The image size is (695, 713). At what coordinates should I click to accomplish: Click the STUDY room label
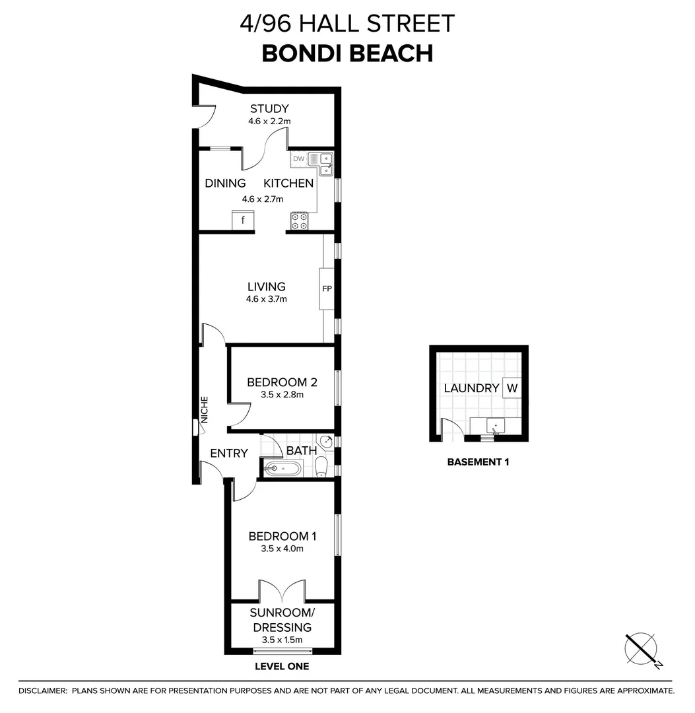[269, 109]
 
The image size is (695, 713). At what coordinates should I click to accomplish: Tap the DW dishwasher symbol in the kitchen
[298, 158]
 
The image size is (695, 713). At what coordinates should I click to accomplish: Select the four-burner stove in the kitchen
[299, 221]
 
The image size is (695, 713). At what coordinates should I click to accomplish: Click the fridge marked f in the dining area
[243, 221]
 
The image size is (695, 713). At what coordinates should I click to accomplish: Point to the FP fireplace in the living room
[326, 289]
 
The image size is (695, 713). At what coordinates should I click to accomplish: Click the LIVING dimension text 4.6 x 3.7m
[267, 298]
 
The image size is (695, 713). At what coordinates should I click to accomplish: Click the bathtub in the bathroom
[282, 469]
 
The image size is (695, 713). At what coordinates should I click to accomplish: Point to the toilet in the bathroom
[321, 467]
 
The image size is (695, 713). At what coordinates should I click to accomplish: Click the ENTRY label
[228, 454]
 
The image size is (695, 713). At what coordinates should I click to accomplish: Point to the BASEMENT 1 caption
[478, 462]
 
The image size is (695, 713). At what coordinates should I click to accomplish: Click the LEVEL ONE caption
[282, 667]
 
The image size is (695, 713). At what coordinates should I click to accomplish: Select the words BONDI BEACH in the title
[347, 53]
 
